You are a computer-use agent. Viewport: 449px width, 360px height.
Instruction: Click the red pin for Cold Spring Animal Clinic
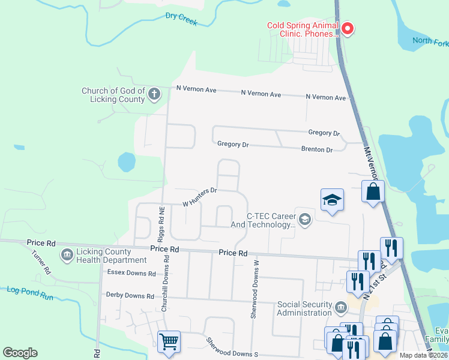pyautogui.click(x=348, y=28)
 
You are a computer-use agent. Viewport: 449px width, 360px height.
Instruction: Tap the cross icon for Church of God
pyautogui.click(x=154, y=94)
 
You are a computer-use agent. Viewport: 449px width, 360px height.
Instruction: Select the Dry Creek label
pyautogui.click(x=181, y=19)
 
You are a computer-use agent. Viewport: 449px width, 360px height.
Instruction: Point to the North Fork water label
pyautogui.click(x=430, y=41)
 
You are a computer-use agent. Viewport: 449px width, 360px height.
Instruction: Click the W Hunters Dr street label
pyautogui.click(x=199, y=197)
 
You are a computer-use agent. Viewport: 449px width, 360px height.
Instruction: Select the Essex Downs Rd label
pyautogui.click(x=131, y=272)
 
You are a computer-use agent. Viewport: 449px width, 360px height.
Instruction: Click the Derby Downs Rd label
pyautogui.click(x=130, y=295)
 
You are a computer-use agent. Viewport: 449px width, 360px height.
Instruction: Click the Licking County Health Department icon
pyautogui.click(x=67, y=256)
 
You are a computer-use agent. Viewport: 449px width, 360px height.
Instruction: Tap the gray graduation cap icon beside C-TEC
pyautogui.click(x=306, y=220)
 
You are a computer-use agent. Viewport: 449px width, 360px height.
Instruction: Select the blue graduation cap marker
pyautogui.click(x=332, y=200)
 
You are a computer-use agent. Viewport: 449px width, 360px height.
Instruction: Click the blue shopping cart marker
pyautogui.click(x=169, y=341)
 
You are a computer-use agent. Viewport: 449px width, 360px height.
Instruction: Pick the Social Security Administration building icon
pyautogui.click(x=341, y=308)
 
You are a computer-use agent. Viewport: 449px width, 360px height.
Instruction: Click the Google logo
pyautogui.click(x=20, y=353)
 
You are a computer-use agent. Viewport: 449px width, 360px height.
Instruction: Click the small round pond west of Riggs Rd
pyautogui.click(x=127, y=162)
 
